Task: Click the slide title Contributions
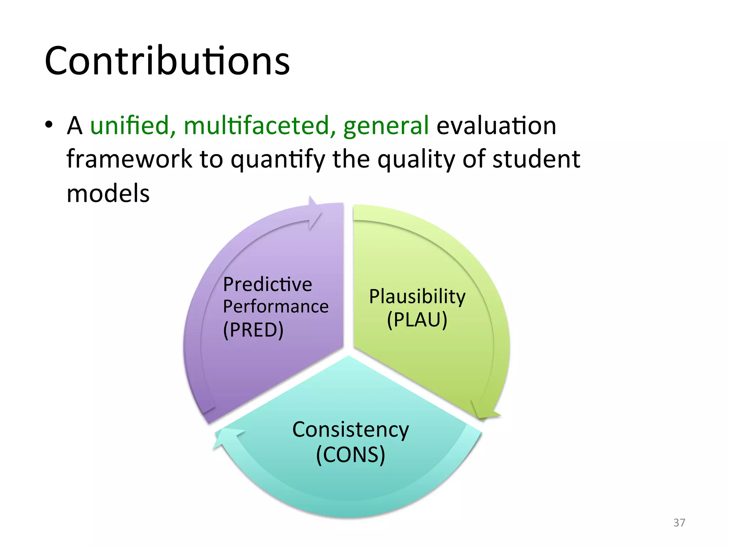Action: pyautogui.click(x=167, y=61)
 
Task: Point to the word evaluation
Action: pyautogui.click(x=496, y=126)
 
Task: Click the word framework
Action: pyautogui.click(x=129, y=159)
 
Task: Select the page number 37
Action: pyautogui.click(x=679, y=522)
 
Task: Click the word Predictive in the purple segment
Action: pyautogui.click(x=267, y=285)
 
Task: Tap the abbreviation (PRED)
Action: pyautogui.click(x=253, y=330)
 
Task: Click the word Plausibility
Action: pyautogui.click(x=417, y=297)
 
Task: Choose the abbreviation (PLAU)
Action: pyautogui.click(x=417, y=319)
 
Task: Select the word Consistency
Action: pyautogui.click(x=350, y=429)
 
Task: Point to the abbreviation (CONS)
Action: pyautogui.click(x=350, y=455)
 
